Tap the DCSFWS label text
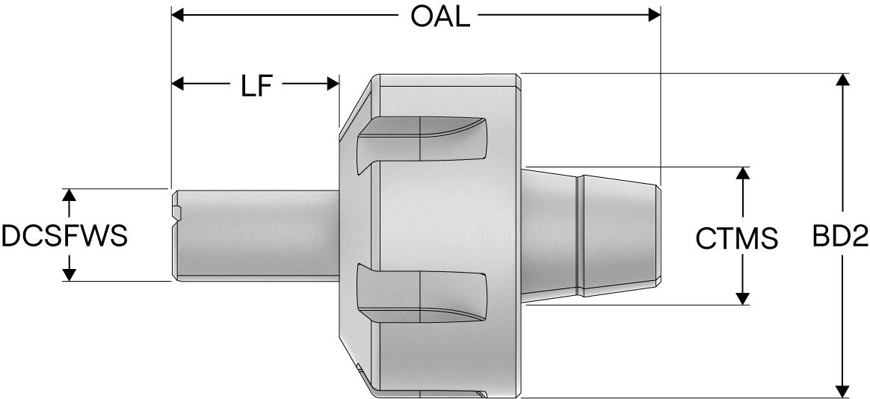coord(64,236)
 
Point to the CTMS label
coord(737,238)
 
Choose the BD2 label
coord(841,237)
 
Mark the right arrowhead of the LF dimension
coord(333,84)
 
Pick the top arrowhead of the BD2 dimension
coord(843,80)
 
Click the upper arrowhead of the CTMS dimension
coord(742,173)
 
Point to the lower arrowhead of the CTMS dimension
coord(742,298)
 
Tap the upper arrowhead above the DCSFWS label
coord(70,196)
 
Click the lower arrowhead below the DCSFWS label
coord(70,274)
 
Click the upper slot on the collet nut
coord(423,139)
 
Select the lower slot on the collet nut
coord(423,291)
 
